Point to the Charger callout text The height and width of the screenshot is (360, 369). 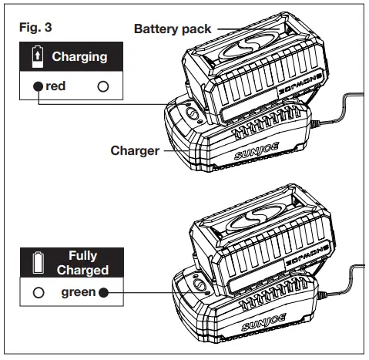134,151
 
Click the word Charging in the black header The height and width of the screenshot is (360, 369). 79,56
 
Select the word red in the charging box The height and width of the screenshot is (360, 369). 55,86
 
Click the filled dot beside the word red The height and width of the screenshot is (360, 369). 37,87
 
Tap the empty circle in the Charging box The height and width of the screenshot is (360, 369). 102,87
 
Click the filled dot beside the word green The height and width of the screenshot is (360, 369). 103,292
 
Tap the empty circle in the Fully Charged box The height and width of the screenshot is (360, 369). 37,292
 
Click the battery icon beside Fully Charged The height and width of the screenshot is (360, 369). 38,262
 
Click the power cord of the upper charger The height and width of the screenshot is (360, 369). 339,108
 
